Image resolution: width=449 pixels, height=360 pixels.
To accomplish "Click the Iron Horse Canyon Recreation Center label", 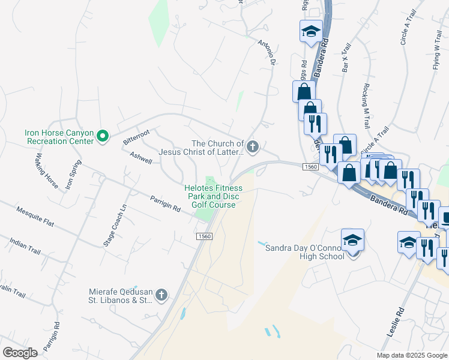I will pos(59,137).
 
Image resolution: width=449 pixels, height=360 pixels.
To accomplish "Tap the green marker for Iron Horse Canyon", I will pos(103,137).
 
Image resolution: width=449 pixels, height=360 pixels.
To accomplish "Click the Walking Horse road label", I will pos(46,171).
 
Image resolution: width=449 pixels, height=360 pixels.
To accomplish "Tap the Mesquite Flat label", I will pos(35,218).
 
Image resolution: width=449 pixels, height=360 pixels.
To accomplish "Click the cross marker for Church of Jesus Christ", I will pos(253,146).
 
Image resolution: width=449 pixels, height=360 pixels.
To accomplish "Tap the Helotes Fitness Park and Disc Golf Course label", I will pos(214,196).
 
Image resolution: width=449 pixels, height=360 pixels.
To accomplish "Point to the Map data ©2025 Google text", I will pos(411,355).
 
